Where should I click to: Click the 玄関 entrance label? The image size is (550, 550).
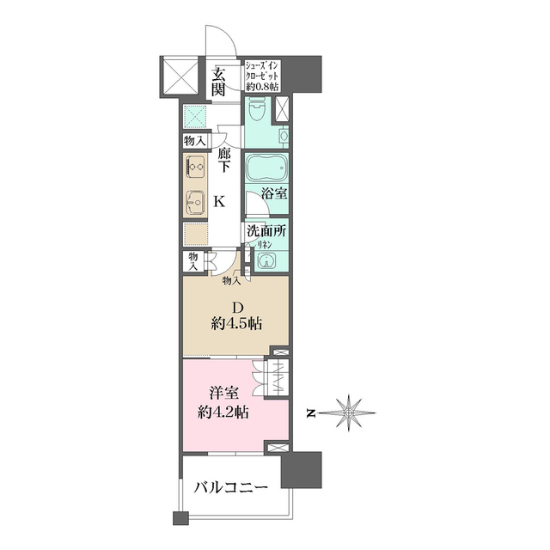pos(218,82)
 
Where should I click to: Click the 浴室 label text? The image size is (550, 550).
pos(274,192)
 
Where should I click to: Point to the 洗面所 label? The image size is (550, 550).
pos(266,231)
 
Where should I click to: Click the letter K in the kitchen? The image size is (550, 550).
pos(220,202)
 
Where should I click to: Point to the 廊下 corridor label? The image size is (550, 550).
pos(223,161)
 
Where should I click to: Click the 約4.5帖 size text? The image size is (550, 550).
pos(236,324)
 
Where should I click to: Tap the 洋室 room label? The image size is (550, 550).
pos(224,394)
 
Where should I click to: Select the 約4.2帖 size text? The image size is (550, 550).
pos(223,412)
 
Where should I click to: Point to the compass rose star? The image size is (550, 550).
pos(349,413)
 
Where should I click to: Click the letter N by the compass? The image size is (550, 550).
pos(310,414)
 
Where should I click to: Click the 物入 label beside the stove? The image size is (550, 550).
pos(194,141)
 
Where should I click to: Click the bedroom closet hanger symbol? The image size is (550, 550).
pos(278,378)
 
